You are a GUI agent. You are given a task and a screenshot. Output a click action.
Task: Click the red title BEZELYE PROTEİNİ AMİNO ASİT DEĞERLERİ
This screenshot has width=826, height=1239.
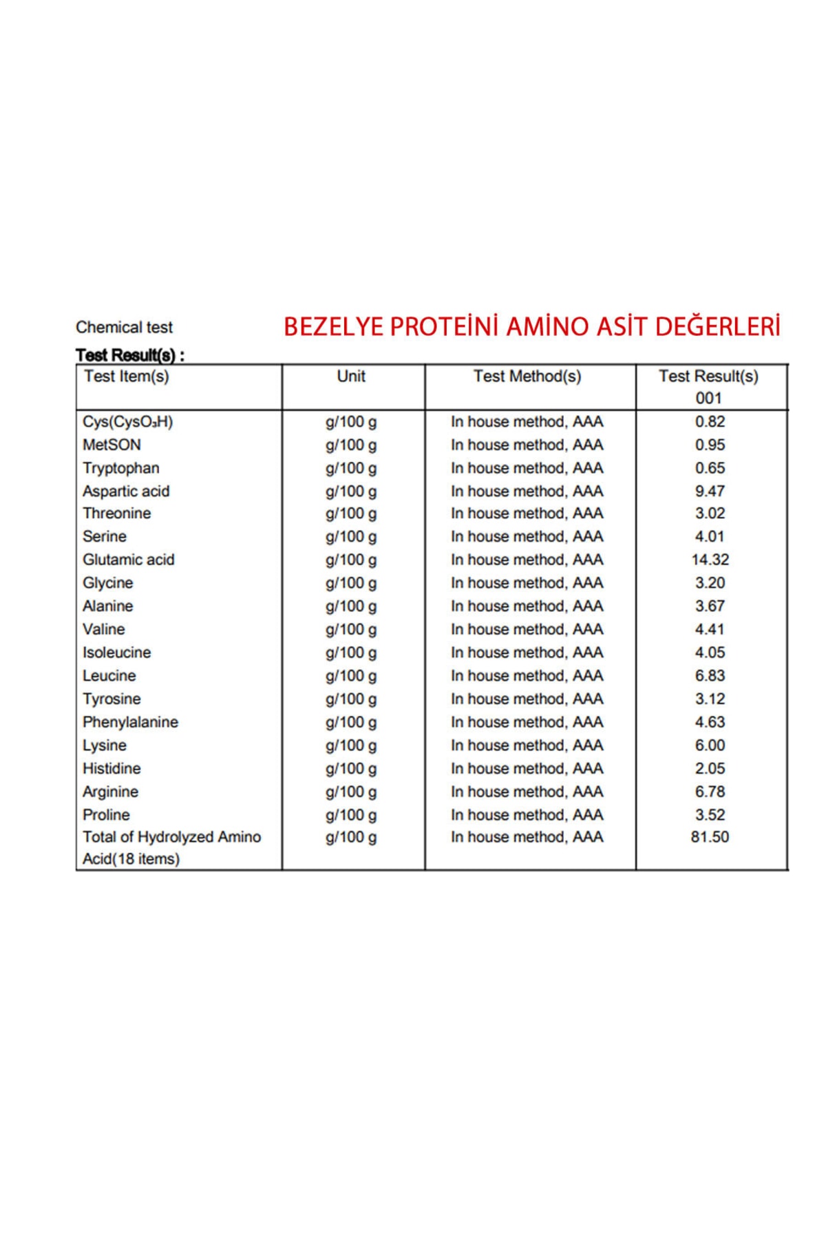[x=531, y=326]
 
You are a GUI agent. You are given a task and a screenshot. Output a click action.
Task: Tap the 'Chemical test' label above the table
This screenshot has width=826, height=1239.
[x=124, y=327]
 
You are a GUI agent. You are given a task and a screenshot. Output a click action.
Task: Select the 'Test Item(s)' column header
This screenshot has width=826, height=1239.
[x=126, y=377]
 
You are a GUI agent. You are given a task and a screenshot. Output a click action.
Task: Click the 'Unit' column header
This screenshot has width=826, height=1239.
[x=351, y=377]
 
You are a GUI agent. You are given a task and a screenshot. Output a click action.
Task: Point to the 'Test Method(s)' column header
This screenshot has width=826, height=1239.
[x=527, y=377]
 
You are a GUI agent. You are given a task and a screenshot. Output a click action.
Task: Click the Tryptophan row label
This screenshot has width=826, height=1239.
[x=121, y=468]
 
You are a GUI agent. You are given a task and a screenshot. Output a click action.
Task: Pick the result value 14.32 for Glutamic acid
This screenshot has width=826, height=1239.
[x=710, y=560]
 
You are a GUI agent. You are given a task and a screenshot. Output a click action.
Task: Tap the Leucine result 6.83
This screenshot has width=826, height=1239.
[x=710, y=675]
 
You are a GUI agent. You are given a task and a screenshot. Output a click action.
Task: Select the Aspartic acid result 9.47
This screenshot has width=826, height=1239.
[x=710, y=491]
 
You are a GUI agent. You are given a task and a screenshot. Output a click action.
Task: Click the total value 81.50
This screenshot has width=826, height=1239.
[x=710, y=837]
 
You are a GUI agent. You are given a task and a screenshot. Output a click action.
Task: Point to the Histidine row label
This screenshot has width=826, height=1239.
[x=112, y=768]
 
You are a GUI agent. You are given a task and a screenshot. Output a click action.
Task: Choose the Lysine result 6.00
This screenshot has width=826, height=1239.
[x=710, y=745]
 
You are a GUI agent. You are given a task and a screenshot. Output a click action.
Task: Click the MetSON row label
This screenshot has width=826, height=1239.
[x=112, y=445]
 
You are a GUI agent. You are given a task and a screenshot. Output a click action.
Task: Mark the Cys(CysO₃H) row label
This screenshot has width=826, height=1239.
[x=128, y=422]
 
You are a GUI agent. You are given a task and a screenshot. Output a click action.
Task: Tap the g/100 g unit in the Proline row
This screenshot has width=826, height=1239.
[x=351, y=815]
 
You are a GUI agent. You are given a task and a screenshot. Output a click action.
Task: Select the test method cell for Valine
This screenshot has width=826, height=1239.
[x=527, y=629]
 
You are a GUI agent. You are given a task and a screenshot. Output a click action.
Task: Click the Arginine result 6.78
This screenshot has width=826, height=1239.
[x=710, y=792]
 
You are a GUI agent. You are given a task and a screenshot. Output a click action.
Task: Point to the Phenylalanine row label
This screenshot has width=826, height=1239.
[x=130, y=722]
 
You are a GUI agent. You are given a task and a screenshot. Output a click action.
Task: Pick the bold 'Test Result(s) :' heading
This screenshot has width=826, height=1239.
[x=130, y=355]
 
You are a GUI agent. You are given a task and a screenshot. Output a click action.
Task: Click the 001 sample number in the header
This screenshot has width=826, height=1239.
[x=708, y=398]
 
